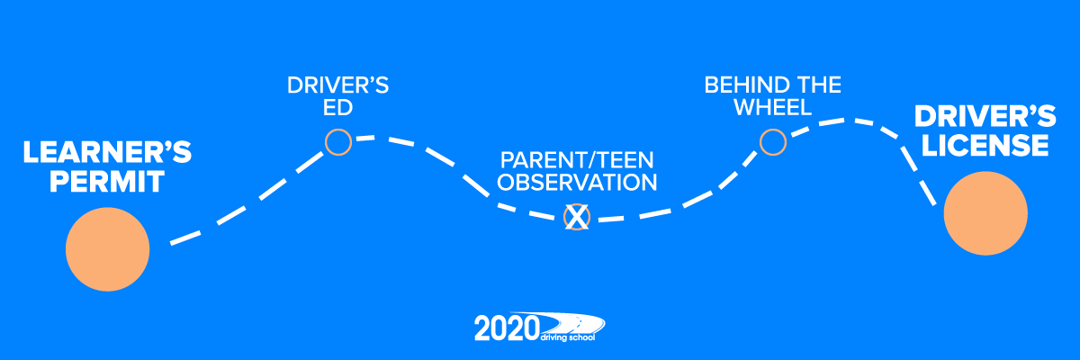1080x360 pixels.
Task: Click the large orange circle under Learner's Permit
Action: click(x=107, y=249)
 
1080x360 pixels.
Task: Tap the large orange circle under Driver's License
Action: click(x=985, y=213)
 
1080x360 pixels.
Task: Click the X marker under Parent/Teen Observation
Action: click(x=577, y=217)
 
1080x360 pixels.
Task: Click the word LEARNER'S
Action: click(x=107, y=152)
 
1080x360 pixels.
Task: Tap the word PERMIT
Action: click(x=107, y=182)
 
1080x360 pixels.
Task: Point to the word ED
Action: click(x=338, y=107)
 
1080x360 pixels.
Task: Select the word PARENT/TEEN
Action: click(x=577, y=160)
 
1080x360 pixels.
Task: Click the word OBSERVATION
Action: click(x=577, y=183)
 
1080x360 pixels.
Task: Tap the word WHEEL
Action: click(x=773, y=107)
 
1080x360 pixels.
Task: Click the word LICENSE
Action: click(x=985, y=146)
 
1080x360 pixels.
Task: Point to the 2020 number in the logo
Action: click(x=507, y=328)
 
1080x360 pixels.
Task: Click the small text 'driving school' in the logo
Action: click(x=568, y=337)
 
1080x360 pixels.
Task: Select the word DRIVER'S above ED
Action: click(x=338, y=85)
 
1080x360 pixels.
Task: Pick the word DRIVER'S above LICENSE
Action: click(x=985, y=117)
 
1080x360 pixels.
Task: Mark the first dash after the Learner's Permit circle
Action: click(x=185, y=238)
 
